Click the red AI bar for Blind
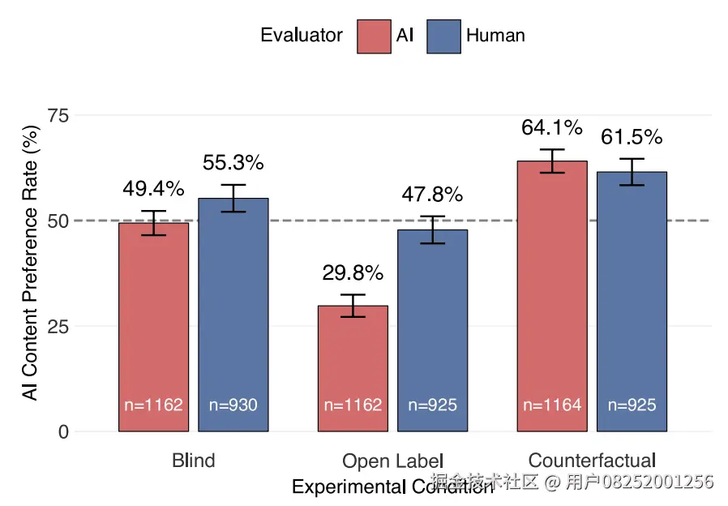click(x=153, y=324)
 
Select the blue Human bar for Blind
click(x=233, y=316)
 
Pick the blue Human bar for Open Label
click(x=432, y=332)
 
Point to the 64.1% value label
click(x=552, y=128)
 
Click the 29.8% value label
click(x=353, y=273)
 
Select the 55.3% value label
click(x=233, y=163)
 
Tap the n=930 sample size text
click(x=233, y=405)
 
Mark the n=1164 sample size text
click(x=552, y=405)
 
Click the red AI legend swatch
click(x=374, y=36)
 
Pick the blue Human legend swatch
click(x=443, y=36)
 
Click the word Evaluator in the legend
click(x=301, y=36)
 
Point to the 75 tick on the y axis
click(x=58, y=116)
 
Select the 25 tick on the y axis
click(x=58, y=326)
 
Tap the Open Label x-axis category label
click(x=392, y=461)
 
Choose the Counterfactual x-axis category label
click(x=592, y=461)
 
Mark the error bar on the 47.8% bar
click(x=432, y=229)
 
